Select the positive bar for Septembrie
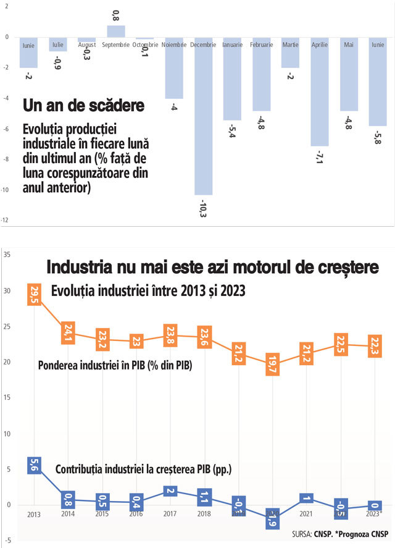[116, 32]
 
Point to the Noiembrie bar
[174, 68]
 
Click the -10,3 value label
[203, 209]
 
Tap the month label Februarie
[261, 44]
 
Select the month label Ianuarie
[232, 44]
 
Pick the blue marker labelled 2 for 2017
[171, 491]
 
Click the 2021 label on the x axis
[305, 514]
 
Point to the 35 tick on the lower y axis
[6, 255]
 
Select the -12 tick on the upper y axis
[5, 220]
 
